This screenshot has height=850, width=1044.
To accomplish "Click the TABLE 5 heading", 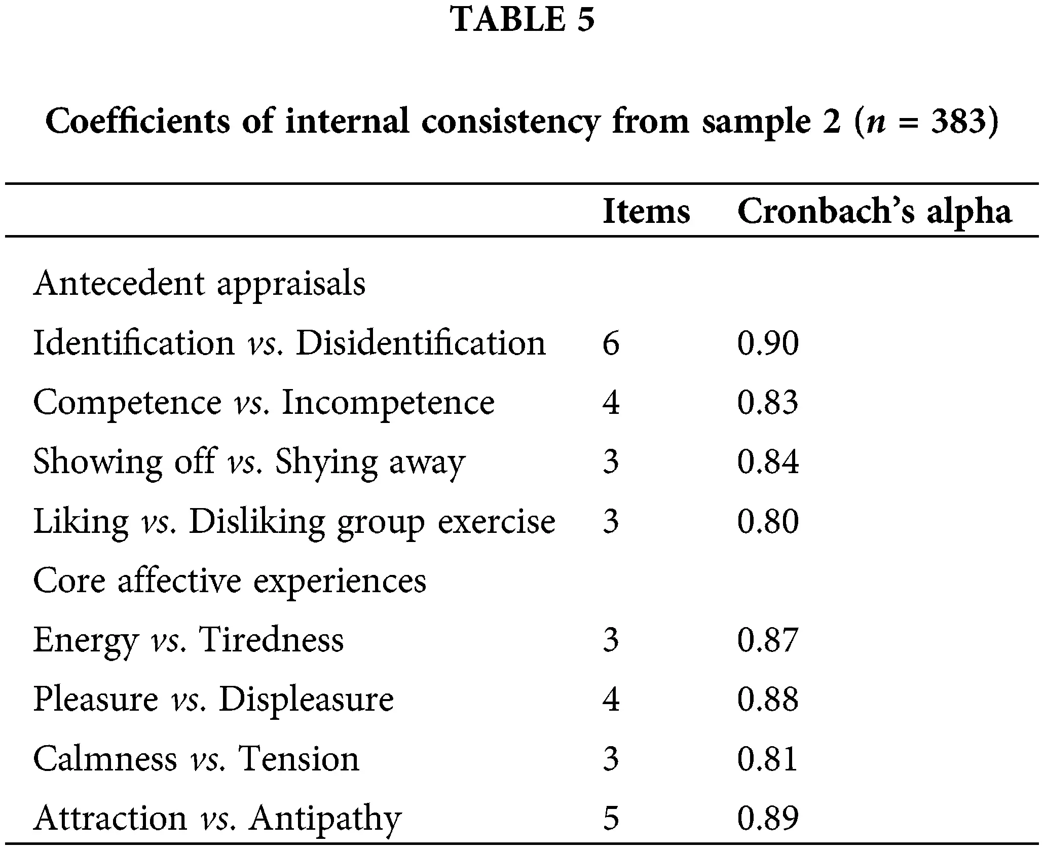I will pyautogui.click(x=523, y=20).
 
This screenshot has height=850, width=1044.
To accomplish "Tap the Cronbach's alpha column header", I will pyautogui.click(x=874, y=212).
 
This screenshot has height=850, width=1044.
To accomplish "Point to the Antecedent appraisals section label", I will pyautogui.click(x=199, y=284).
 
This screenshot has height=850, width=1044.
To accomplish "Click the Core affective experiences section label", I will pyautogui.click(x=230, y=581).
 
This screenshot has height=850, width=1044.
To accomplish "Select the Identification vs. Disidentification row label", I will pyautogui.click(x=289, y=343).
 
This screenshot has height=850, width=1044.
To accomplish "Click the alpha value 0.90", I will pyautogui.click(x=768, y=343).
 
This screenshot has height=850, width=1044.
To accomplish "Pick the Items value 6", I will pyautogui.click(x=611, y=343).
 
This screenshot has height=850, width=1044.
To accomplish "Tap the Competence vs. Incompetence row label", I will pyautogui.click(x=264, y=403).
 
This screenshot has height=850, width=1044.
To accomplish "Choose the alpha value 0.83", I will pyautogui.click(x=768, y=403).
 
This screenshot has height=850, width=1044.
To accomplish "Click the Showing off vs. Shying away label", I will pyautogui.click(x=249, y=462).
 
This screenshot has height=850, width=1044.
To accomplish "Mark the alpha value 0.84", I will pyautogui.click(x=768, y=462).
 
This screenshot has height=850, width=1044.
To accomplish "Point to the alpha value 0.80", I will pyautogui.click(x=768, y=522).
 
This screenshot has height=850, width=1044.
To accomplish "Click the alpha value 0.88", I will pyautogui.click(x=768, y=700).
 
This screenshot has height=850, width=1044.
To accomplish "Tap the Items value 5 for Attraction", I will pyautogui.click(x=611, y=818).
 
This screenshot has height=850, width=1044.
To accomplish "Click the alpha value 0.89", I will pyautogui.click(x=768, y=818).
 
